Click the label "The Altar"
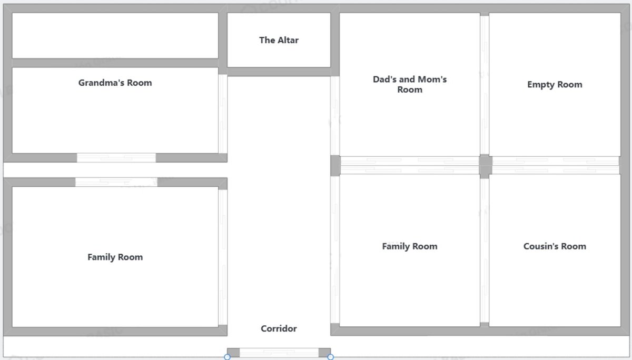click(x=279, y=40)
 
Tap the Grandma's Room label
click(x=115, y=83)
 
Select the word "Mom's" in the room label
click(x=432, y=79)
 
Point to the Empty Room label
click(x=555, y=84)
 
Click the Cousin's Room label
click(x=555, y=246)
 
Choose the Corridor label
click(x=279, y=328)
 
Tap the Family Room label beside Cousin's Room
click(x=410, y=246)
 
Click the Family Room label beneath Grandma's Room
click(x=115, y=257)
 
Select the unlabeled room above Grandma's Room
click(x=115, y=35)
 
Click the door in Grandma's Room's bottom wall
click(x=116, y=157)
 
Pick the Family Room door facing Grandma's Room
click(x=116, y=182)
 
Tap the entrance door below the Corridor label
click(x=279, y=353)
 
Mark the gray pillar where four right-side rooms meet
click(x=486, y=166)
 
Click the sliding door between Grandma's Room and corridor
click(x=223, y=114)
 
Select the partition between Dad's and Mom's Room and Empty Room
click(x=485, y=85)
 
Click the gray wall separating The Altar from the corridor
click(x=279, y=72)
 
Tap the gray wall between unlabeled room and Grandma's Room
click(x=115, y=63)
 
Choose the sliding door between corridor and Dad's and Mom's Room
click(x=335, y=116)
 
